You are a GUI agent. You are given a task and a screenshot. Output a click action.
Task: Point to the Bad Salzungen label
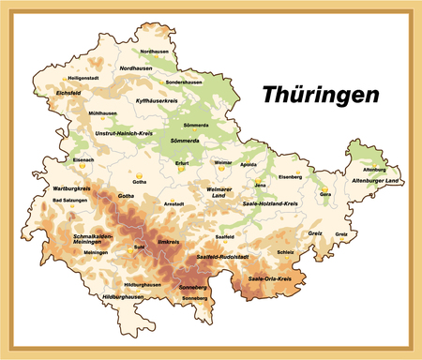(68, 201)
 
